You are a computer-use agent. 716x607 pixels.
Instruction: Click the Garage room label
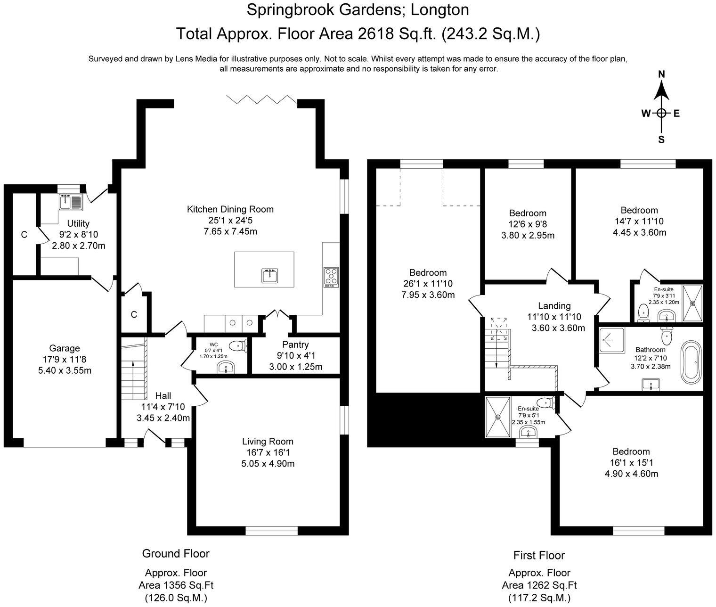(x=65, y=348)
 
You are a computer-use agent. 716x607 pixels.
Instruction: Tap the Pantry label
(x=295, y=344)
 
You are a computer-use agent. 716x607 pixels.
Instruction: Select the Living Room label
(x=268, y=441)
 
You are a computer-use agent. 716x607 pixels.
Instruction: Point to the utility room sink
(x=71, y=202)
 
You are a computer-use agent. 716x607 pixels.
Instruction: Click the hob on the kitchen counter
(x=331, y=277)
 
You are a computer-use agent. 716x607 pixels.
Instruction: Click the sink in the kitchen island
(x=269, y=276)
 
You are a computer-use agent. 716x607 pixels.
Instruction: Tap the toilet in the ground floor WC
(x=239, y=345)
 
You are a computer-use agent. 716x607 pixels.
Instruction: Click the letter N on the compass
(x=662, y=74)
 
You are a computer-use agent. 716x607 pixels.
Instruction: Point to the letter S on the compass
(x=661, y=139)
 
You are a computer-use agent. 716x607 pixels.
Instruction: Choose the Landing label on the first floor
(x=554, y=305)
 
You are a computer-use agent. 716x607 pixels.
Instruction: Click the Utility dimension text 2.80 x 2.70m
(x=79, y=246)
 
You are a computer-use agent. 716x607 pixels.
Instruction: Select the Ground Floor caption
(x=176, y=553)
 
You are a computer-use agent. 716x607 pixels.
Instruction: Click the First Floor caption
(x=539, y=555)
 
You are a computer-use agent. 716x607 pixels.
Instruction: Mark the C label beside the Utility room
(x=24, y=235)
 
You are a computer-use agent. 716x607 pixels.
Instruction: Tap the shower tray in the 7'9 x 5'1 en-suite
(x=498, y=418)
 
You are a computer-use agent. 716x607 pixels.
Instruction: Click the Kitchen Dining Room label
(x=230, y=209)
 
